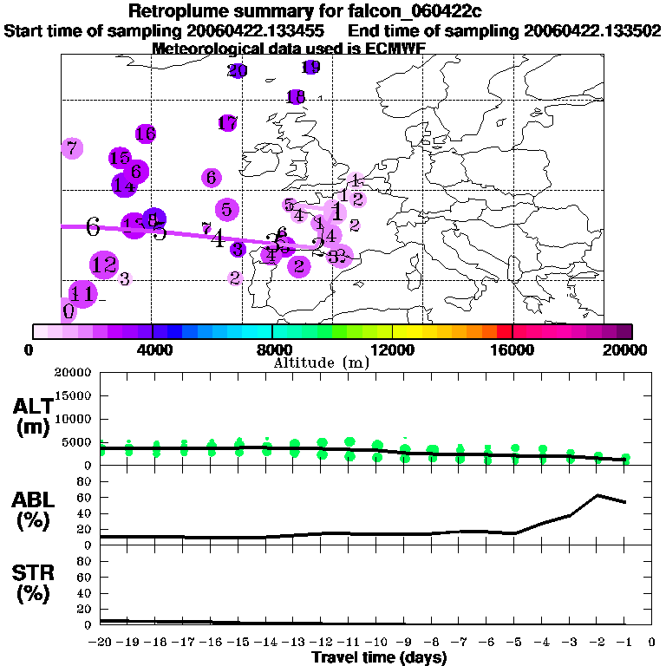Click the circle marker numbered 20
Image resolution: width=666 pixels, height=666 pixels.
click(238, 70)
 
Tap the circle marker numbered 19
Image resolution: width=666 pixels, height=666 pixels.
click(311, 67)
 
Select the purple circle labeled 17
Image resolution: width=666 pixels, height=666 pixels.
click(228, 123)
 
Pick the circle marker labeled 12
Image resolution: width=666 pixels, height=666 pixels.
click(104, 264)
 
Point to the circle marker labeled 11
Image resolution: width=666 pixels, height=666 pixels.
click(83, 293)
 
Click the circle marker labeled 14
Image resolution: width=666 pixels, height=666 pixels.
click(124, 185)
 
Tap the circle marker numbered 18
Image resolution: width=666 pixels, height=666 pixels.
click(296, 97)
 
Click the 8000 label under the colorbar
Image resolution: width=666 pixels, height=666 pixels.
click(271, 350)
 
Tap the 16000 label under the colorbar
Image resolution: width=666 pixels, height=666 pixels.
click(513, 350)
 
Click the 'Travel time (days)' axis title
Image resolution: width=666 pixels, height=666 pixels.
click(379, 658)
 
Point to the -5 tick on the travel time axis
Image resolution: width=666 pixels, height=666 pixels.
click(515, 643)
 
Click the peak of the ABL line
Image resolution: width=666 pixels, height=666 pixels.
click(597, 495)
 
